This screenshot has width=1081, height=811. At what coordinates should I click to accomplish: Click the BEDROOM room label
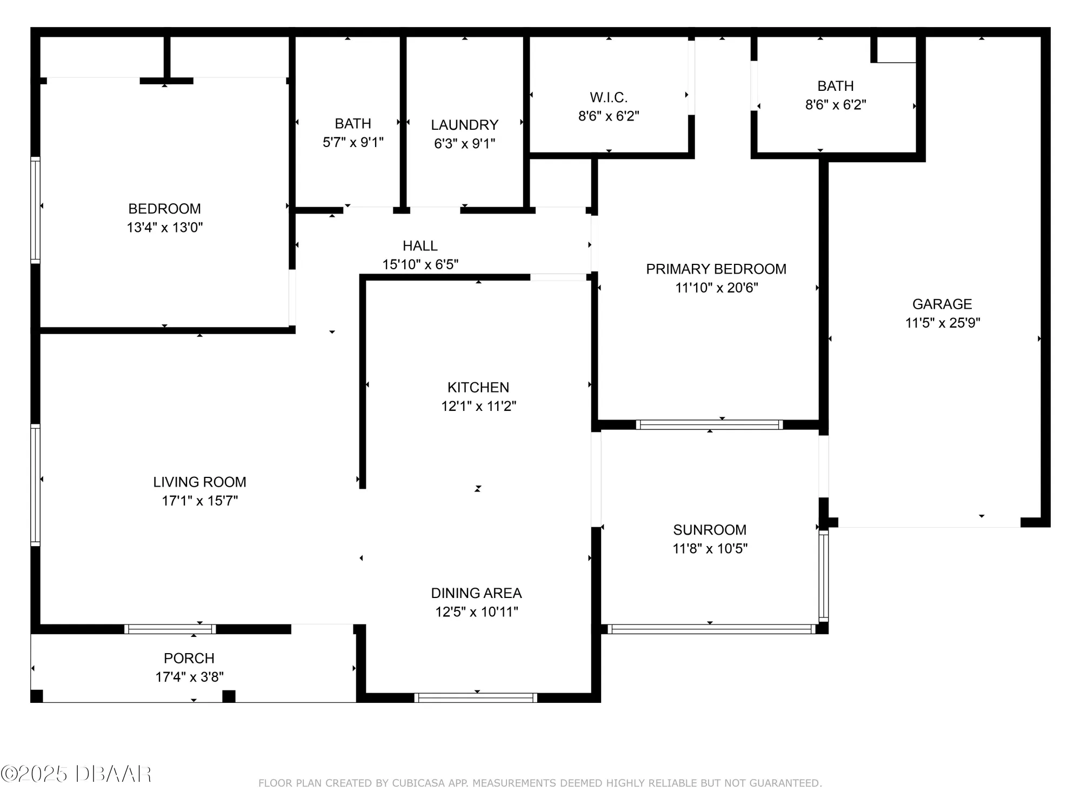(x=164, y=209)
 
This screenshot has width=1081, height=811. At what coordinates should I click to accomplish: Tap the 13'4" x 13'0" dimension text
(x=164, y=228)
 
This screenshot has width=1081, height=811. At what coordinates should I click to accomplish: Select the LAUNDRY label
(x=464, y=125)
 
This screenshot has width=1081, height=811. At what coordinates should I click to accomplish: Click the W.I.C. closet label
(x=609, y=97)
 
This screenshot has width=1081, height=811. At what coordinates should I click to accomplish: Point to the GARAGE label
(x=942, y=304)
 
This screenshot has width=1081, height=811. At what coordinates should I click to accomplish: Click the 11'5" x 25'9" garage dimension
(x=943, y=323)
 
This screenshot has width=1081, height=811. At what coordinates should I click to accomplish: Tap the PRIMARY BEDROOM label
(x=716, y=269)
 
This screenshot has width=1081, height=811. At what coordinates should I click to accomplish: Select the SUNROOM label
(x=710, y=530)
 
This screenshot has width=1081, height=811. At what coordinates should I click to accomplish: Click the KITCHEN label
(x=478, y=387)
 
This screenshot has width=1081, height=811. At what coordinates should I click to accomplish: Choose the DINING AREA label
(x=476, y=593)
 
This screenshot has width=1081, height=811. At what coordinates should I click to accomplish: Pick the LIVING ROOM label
(x=199, y=482)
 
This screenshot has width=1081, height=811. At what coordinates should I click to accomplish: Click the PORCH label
(x=189, y=658)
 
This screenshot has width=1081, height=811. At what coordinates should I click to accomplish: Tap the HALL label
(x=420, y=246)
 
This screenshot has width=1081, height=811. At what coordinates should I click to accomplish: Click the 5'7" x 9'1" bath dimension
(x=353, y=142)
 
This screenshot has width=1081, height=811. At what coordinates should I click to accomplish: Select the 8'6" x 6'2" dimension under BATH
(x=836, y=105)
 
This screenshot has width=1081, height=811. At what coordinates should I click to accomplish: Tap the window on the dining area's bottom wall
(x=476, y=697)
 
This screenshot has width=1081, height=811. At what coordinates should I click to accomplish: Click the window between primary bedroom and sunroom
(x=709, y=424)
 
